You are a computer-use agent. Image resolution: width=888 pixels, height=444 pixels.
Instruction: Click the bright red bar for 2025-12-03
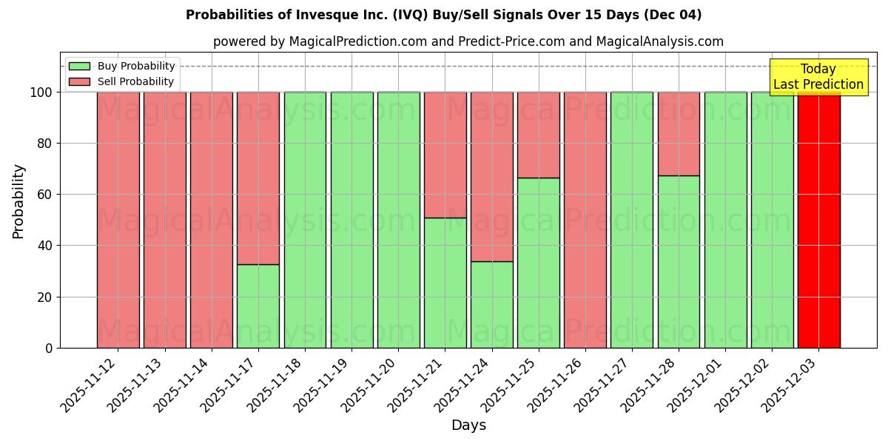click(818, 222)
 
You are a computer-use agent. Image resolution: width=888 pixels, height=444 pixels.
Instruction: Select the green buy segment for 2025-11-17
click(258, 306)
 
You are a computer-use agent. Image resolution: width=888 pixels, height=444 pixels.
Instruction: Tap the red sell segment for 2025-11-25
click(539, 135)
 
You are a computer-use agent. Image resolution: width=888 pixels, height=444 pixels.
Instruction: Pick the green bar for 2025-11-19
click(351, 220)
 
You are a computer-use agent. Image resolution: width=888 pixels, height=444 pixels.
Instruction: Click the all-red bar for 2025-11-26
click(585, 220)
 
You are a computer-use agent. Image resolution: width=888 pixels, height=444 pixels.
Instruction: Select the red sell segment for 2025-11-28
click(679, 133)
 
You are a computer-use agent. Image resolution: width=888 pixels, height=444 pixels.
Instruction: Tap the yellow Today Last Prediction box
click(818, 77)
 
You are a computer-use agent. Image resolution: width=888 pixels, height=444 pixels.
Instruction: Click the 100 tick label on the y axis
click(41, 92)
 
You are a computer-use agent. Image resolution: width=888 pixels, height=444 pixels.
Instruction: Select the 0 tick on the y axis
click(49, 348)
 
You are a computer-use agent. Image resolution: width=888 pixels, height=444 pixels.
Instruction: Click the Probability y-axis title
click(18, 201)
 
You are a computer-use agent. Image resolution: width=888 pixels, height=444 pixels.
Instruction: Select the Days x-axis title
click(468, 425)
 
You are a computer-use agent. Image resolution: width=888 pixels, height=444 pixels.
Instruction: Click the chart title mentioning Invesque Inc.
click(443, 15)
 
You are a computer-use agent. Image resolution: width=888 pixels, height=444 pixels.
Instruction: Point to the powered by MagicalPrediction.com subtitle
click(468, 41)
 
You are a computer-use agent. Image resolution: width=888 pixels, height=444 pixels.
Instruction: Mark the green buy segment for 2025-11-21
click(445, 283)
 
